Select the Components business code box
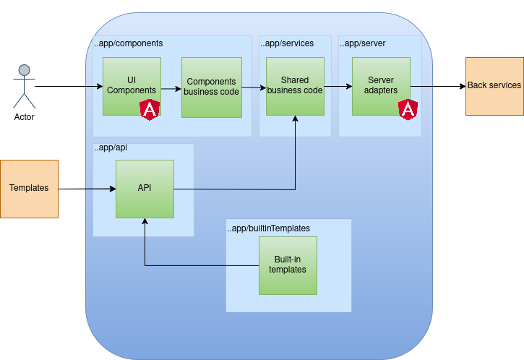point(211,87)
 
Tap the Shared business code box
point(294,86)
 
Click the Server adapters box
point(380,86)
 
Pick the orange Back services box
point(494,86)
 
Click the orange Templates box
point(29,189)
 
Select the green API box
point(145,189)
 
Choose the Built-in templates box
point(288,265)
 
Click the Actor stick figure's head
point(25,71)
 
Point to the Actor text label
point(25,117)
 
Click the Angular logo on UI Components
point(150,110)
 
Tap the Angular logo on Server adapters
point(408,110)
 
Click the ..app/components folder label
point(129,43)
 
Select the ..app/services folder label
point(287,43)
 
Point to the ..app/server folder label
point(363,43)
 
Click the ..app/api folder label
point(110,148)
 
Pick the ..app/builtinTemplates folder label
point(269,228)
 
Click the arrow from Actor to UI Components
point(69,87)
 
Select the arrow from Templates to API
point(87,189)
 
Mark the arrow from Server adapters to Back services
point(437,87)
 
